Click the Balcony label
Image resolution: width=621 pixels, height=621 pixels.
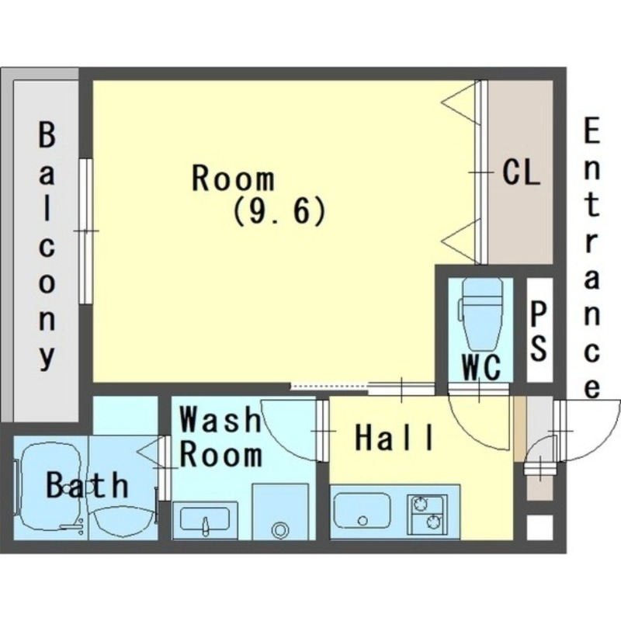[47, 246]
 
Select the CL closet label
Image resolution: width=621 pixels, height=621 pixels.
[521, 172]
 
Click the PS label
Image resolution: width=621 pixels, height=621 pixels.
[539, 331]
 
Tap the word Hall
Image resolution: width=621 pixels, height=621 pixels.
[394, 437]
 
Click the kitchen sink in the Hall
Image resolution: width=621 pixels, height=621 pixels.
[361, 511]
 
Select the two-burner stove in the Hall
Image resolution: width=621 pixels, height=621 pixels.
[428, 514]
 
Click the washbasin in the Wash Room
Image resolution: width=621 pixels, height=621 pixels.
[205, 520]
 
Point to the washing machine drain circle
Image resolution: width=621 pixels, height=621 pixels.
[280, 529]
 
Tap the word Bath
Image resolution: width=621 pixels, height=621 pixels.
[87, 484]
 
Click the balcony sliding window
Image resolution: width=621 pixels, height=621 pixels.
[85, 231]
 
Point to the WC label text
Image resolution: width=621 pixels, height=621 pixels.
[481, 367]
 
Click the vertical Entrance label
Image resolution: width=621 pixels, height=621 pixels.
[592, 258]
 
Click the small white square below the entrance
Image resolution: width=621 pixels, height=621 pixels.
[539, 527]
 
